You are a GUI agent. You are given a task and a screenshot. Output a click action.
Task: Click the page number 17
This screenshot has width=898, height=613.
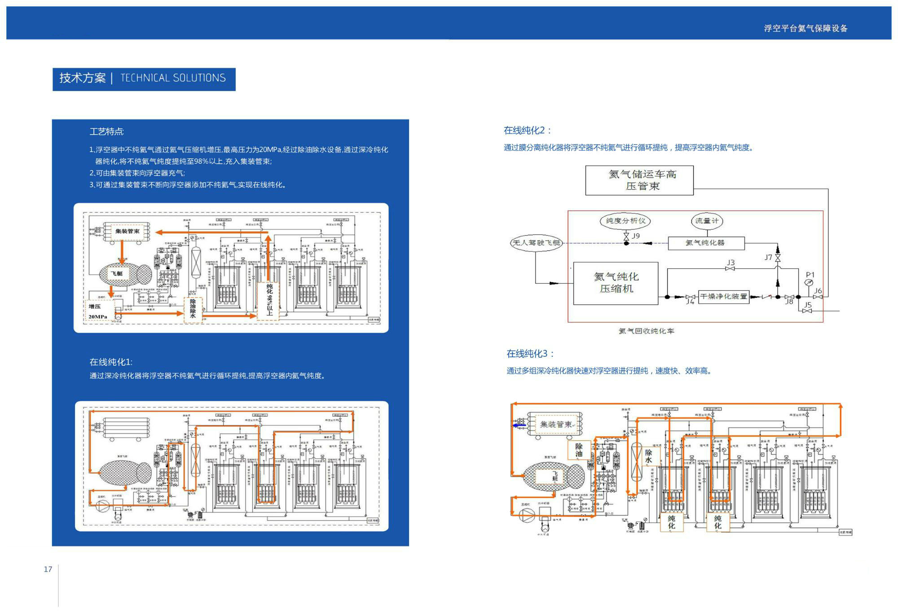click(x=48, y=569)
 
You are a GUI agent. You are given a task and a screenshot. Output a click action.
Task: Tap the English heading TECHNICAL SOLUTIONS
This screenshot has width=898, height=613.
click(x=173, y=78)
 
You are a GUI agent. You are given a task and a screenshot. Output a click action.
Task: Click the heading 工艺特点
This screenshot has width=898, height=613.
click(x=106, y=131)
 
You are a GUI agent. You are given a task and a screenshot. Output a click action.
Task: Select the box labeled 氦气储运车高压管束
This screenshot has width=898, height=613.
click(x=639, y=180)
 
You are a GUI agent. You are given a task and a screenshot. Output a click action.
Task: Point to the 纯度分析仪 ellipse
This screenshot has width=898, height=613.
click(x=625, y=221)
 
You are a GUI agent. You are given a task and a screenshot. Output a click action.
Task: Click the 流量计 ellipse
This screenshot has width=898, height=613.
click(x=707, y=221)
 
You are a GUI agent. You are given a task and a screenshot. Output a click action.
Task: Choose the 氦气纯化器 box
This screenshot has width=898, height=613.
click(x=706, y=243)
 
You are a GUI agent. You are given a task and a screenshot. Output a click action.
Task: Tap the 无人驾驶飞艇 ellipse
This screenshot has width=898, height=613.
click(x=536, y=243)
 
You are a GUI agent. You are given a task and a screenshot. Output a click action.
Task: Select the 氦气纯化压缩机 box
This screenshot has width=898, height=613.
click(x=616, y=283)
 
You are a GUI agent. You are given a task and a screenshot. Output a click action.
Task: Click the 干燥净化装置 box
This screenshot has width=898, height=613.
click(x=723, y=297)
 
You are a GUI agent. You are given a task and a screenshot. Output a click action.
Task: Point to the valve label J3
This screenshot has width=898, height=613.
click(x=731, y=263)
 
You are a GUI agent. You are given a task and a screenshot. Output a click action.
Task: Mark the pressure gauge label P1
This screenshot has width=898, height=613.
click(x=810, y=275)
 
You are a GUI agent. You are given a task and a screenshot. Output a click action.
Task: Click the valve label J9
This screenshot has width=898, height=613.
click(x=636, y=236)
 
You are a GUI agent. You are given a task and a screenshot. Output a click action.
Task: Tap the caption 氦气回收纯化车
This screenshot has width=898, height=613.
click(x=646, y=331)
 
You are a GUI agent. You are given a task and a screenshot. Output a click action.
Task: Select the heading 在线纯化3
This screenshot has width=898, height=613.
click(x=530, y=354)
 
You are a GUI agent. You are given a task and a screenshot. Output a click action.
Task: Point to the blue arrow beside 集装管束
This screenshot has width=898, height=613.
click(x=519, y=425)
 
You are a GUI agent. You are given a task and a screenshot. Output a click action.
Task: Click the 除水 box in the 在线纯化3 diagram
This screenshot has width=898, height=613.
click(x=648, y=456)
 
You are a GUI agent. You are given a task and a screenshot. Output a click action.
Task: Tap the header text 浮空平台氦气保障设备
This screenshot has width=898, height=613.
click(x=806, y=28)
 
